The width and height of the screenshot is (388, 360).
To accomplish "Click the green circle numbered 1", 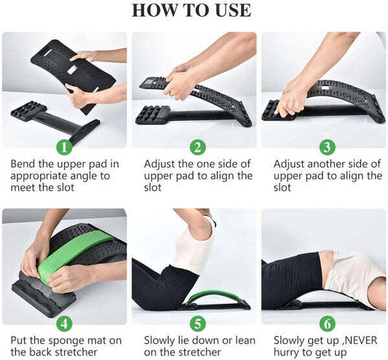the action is tap(64, 147).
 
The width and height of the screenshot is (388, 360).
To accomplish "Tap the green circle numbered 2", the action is tap(198, 147).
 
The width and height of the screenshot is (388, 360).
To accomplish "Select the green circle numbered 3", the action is tap(327, 147).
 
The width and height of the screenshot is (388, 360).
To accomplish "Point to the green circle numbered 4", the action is tap(64, 324).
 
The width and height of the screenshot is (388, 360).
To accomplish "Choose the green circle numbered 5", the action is tap(198, 324).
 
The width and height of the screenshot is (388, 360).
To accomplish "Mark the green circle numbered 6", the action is tap(327, 324).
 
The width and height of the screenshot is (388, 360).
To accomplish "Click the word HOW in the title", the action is tap(151, 10).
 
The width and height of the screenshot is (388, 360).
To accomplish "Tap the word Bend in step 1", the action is tap(23, 164).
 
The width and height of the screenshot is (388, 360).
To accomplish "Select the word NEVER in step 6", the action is tap(360, 340).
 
